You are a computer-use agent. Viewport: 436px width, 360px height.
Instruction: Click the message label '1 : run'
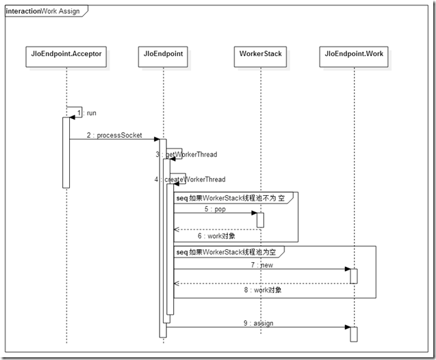tap(87, 112)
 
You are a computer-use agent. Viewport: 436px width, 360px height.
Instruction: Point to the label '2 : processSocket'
tap(115, 136)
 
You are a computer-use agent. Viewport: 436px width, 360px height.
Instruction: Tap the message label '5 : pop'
tap(214, 209)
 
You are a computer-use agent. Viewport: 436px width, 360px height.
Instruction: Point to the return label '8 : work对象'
tap(263, 290)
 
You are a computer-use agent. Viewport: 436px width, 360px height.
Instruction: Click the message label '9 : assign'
tap(258, 322)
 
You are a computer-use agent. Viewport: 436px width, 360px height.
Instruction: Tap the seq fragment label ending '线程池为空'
tap(229, 252)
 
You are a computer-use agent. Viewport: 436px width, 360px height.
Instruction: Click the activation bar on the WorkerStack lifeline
tap(260, 220)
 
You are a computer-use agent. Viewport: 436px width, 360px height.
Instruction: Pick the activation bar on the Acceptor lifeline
tap(66, 152)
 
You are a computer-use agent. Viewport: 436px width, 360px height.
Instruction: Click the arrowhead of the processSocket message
tap(157, 140)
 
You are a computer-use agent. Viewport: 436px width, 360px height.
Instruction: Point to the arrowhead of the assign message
tap(347, 327)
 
